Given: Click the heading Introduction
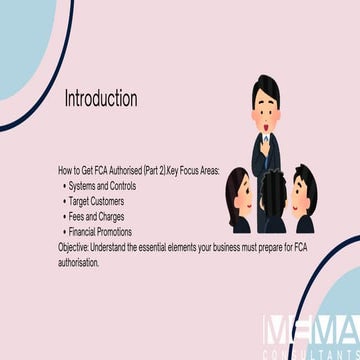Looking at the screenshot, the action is coord(101,99).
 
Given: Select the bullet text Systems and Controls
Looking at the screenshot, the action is coord(102,186).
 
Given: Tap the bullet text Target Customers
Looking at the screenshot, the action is coord(96,201).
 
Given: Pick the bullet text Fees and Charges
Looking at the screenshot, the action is coord(96,217).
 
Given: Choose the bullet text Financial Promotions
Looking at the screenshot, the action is coord(100,232).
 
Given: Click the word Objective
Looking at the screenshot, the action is coord(73,248).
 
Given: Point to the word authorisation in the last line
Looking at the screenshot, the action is coord(79,262).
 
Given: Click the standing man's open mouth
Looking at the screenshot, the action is coord(266,127).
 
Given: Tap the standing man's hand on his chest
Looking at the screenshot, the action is coord(265,149).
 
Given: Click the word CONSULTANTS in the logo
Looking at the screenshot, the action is coord(311,354).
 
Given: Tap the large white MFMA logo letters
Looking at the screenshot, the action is coord(311,329).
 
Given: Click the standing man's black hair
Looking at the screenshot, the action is coord(266,88).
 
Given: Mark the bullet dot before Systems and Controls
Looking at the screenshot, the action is coord(64,186).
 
